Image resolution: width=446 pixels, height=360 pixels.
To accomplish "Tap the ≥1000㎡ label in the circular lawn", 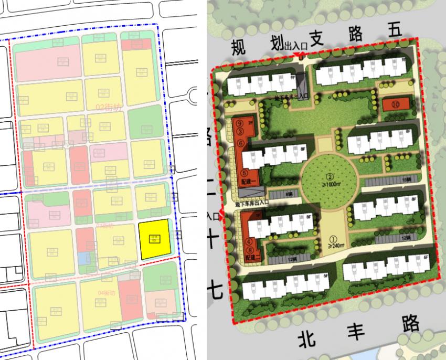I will [x=331, y=185].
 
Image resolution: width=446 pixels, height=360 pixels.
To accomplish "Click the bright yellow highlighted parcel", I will [x=155, y=239].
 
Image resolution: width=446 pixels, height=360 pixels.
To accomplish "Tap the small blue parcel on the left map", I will [x=83, y=259].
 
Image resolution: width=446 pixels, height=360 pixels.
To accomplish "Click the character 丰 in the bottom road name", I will [x=353, y=331].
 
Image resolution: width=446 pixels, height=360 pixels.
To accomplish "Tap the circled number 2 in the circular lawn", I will [x=331, y=176].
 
